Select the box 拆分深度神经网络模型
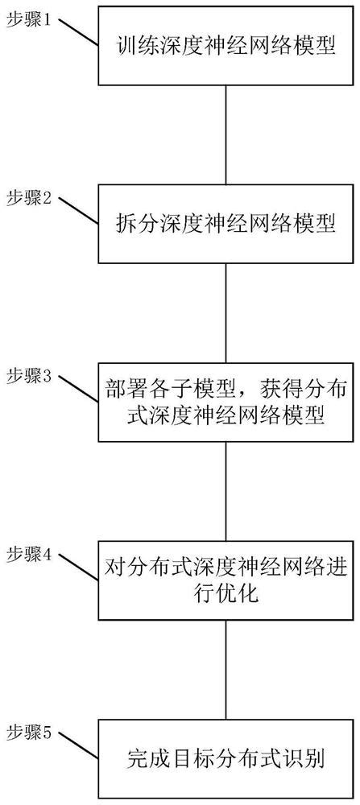click(x=226, y=223)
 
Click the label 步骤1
click(x=29, y=20)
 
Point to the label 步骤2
click(x=29, y=198)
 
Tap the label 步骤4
click(x=29, y=555)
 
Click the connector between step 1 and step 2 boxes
click(x=226, y=134)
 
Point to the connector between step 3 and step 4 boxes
click(x=226, y=490)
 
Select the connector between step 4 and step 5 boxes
click(x=226, y=669)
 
